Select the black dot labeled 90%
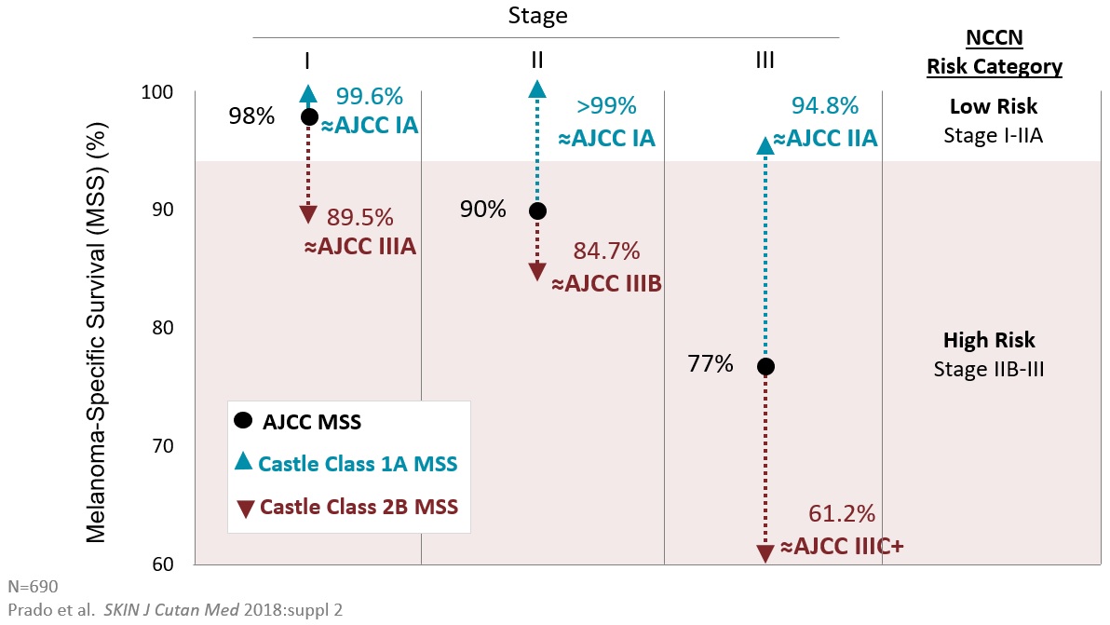pyautogui.click(x=537, y=211)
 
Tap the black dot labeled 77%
pyautogui.click(x=765, y=366)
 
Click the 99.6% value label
pyautogui.click(x=369, y=96)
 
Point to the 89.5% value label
pyautogui.click(x=359, y=217)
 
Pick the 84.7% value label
pyautogui.click(x=606, y=251)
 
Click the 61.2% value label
pyautogui.click(x=843, y=513)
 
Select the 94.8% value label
pyautogui.click(x=824, y=104)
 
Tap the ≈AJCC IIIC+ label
pyautogui.click(x=842, y=547)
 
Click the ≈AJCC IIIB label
pyautogui.click(x=606, y=283)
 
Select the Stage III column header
pyautogui.click(x=765, y=61)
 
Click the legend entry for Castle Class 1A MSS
pyautogui.click(x=358, y=463)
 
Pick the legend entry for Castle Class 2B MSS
pyautogui.click(x=358, y=507)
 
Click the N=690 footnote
pyautogui.click(x=33, y=587)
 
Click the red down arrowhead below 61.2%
pyautogui.click(x=765, y=553)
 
